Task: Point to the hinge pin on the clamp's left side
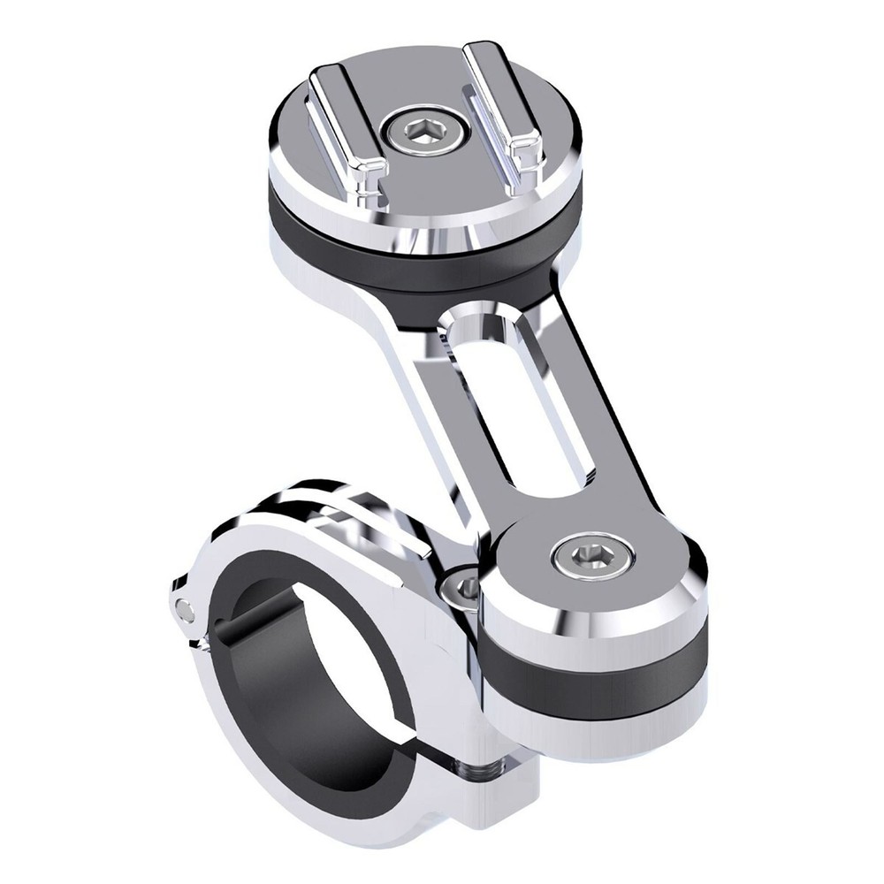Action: pos(184,609)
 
